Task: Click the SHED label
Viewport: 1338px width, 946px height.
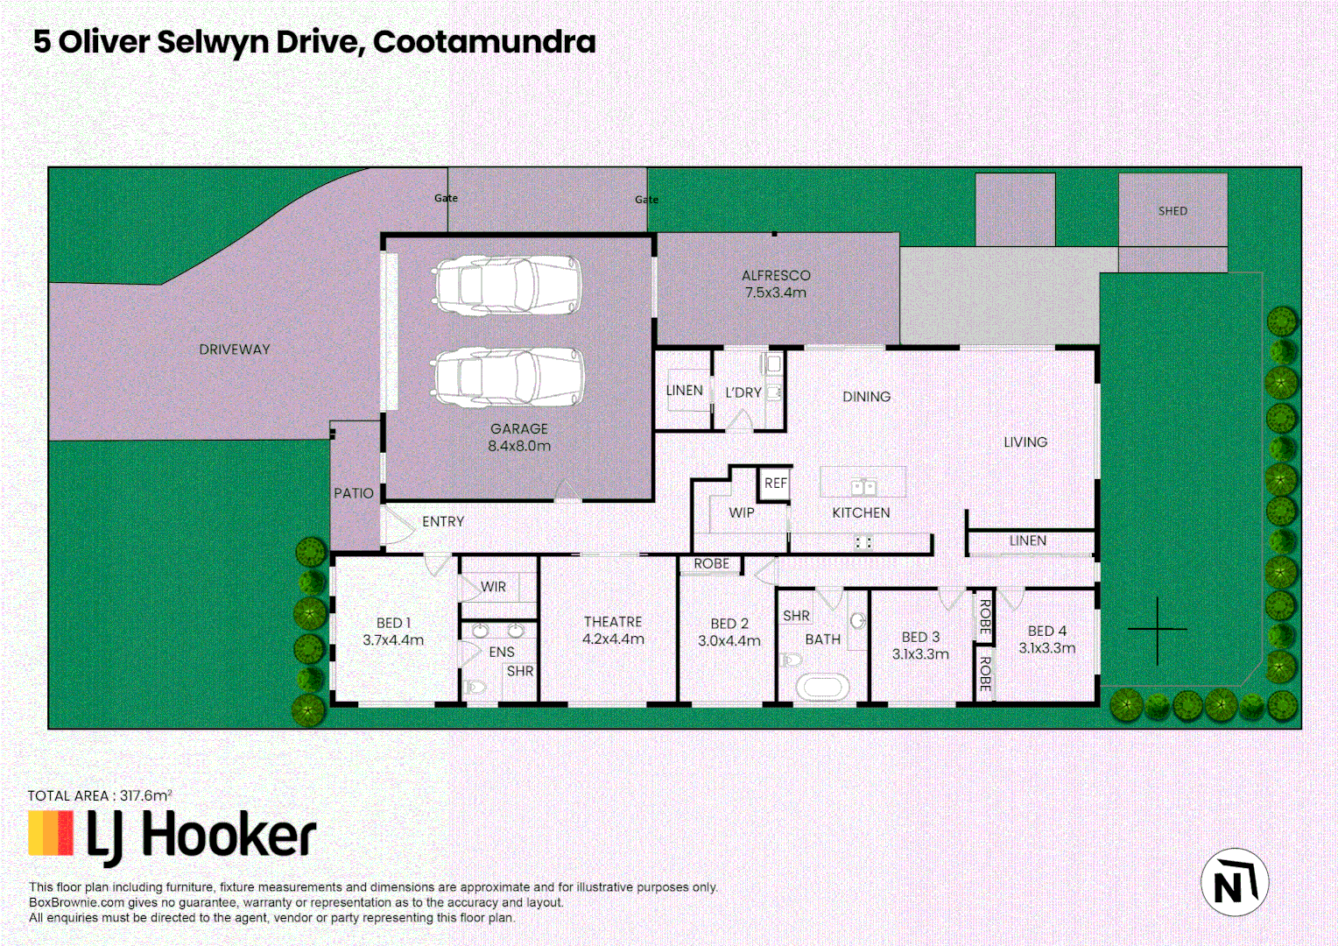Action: [1173, 211]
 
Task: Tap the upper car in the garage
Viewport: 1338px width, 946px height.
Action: [508, 285]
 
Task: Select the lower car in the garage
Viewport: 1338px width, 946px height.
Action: [509, 377]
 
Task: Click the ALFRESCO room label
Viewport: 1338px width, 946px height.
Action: [776, 275]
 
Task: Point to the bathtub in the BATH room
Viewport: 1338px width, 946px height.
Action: [821, 687]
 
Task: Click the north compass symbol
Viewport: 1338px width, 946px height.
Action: [1234, 882]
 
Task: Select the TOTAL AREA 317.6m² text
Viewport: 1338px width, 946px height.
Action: [100, 795]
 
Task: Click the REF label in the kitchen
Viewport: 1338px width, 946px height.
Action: [776, 483]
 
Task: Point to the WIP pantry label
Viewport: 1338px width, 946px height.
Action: [741, 512]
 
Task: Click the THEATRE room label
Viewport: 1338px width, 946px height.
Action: [613, 621]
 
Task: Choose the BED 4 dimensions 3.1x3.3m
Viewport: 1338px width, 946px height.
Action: [1046, 648]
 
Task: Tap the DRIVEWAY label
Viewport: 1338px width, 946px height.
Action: [235, 349]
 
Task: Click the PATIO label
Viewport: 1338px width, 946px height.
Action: [354, 493]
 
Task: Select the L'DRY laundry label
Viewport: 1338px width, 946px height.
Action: [743, 392]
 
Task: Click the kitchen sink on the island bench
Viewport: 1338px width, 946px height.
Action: [863, 487]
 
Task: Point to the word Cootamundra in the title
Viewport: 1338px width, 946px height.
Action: [484, 41]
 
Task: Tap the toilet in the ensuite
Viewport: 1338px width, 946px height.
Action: [476, 688]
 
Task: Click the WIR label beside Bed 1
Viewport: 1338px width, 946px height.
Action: [493, 587]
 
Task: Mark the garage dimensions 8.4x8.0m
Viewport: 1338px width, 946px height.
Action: [519, 446]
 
